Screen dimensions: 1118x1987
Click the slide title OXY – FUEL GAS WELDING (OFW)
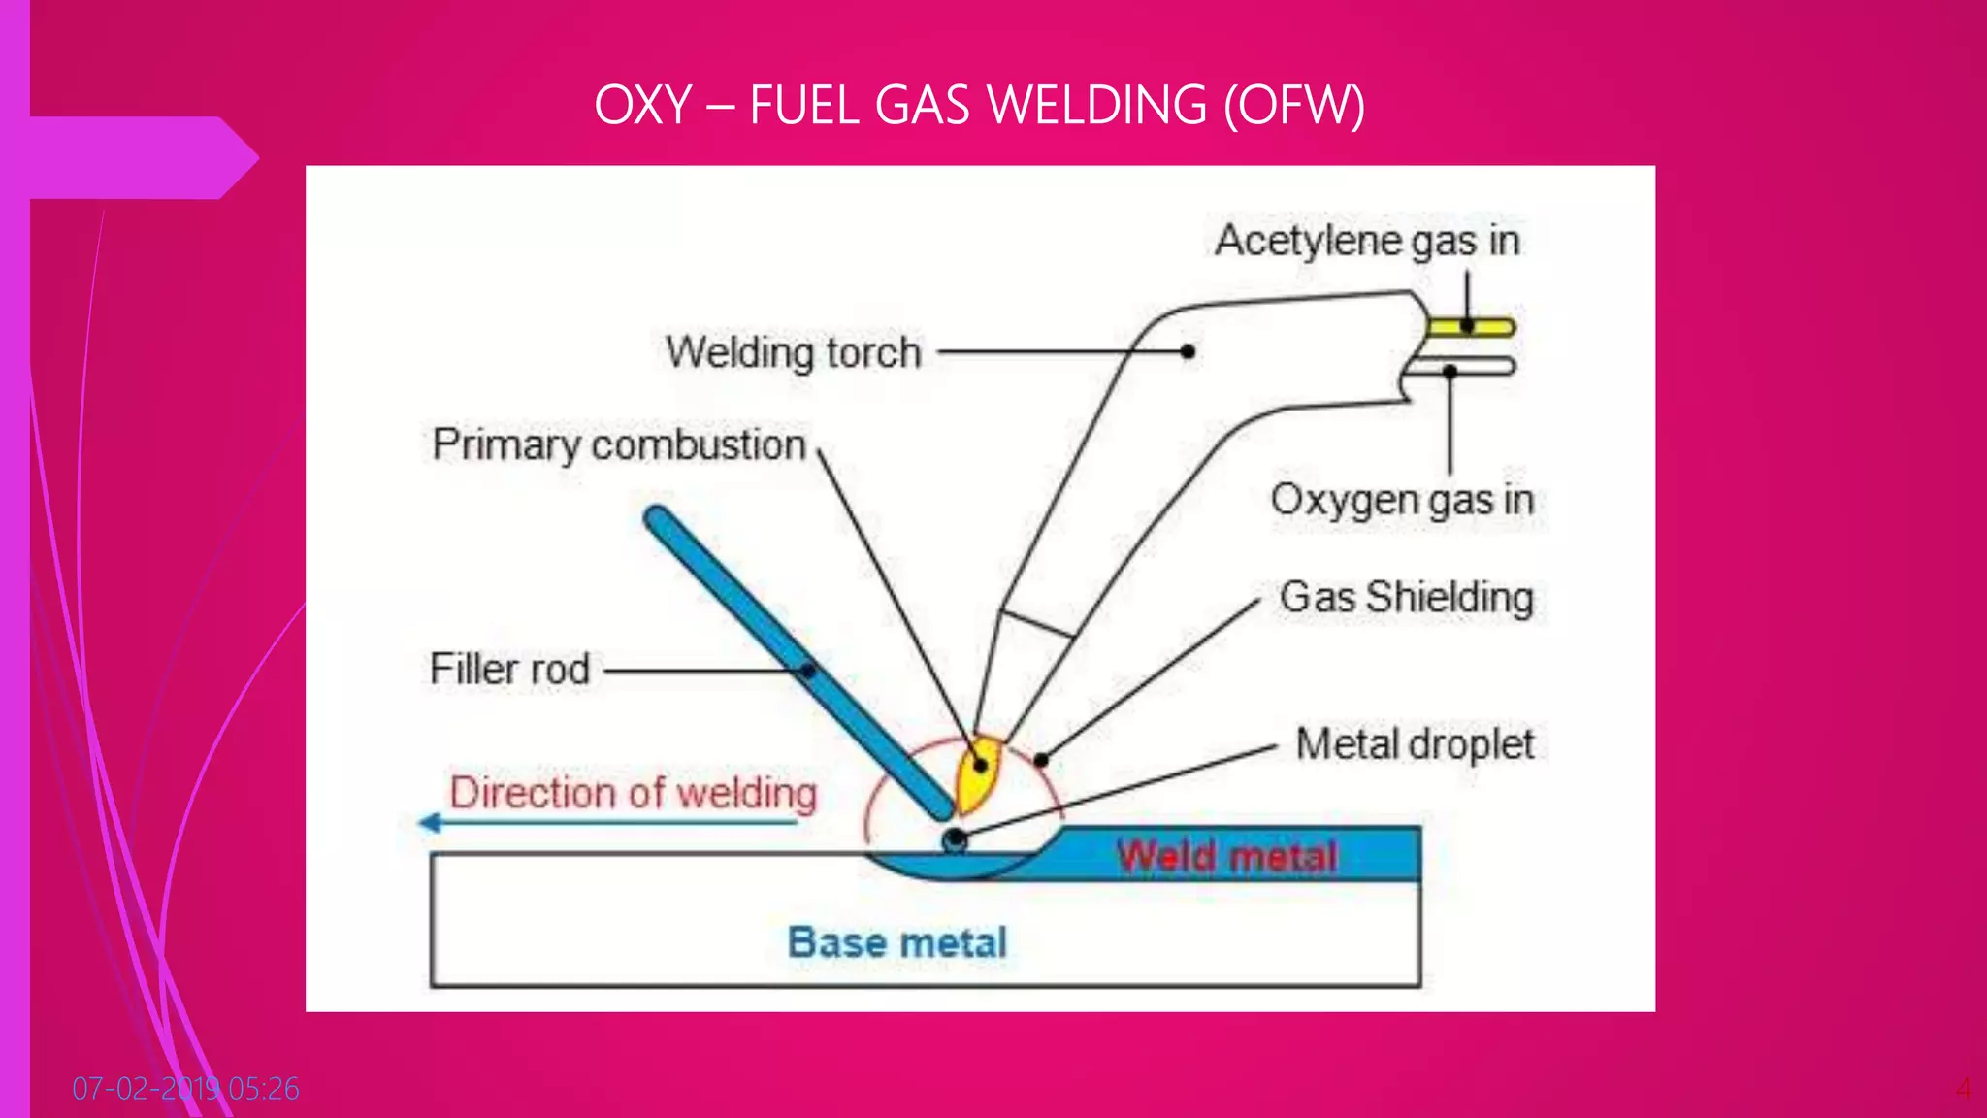click(979, 105)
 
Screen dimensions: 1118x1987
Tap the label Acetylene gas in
click(1367, 241)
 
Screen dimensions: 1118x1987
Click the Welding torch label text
click(793, 352)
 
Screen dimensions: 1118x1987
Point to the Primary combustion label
click(619, 445)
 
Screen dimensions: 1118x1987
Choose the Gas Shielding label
click(1406, 597)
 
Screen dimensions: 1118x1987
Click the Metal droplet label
click(1415, 744)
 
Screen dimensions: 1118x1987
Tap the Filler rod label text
click(509, 670)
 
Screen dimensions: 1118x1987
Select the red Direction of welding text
click(633, 793)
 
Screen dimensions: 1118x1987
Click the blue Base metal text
click(897, 942)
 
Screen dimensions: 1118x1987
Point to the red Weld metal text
click(1226, 857)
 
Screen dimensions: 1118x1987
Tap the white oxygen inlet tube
click(1484, 367)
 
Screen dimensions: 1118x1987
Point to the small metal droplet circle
click(955, 839)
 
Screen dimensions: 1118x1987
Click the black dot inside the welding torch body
click(1188, 351)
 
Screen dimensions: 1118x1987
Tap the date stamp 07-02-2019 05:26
click(185, 1089)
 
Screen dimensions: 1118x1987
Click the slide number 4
click(1963, 1089)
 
